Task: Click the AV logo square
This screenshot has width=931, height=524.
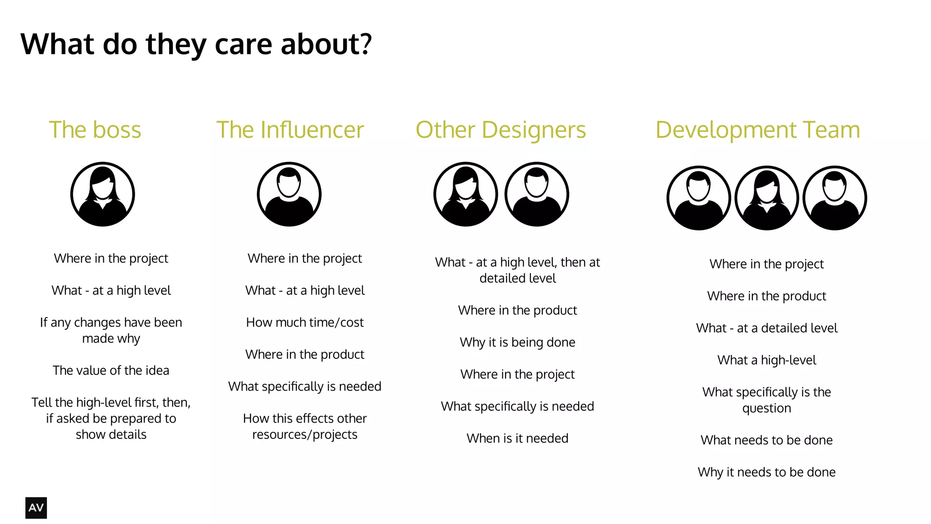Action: pos(36,508)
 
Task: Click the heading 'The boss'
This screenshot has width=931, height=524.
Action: pos(95,130)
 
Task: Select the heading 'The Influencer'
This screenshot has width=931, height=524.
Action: pos(290,130)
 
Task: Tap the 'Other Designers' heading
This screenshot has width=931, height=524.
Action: pos(501,130)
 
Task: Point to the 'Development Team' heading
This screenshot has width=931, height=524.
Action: pos(757,130)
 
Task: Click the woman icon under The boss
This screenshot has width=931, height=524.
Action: pos(103,194)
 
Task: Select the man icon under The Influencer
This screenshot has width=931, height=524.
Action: pos(289,194)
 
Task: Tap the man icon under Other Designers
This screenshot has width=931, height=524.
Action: pos(536,194)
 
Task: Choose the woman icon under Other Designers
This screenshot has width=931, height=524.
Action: pos(465,194)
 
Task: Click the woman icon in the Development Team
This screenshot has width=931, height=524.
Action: pos(766,198)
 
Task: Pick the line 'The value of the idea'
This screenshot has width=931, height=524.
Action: pos(111,370)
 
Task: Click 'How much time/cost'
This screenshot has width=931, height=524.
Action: pos(305,322)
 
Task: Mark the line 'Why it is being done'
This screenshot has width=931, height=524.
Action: pos(517,342)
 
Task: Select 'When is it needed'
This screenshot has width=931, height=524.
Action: pos(517,438)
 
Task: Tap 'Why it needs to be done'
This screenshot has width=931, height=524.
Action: pos(766,472)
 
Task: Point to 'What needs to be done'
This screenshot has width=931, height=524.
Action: pos(766,440)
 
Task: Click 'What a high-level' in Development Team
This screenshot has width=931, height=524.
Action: pos(766,360)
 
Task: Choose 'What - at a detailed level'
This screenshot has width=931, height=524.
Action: pos(766,328)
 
